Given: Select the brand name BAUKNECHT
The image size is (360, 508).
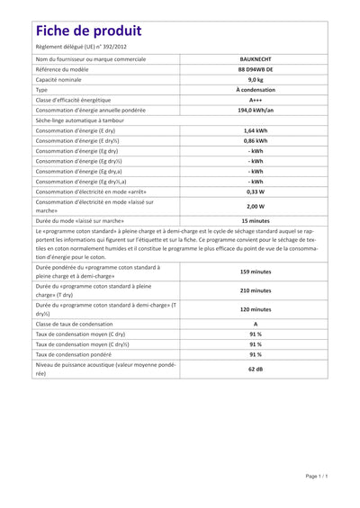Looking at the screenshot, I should [256, 58].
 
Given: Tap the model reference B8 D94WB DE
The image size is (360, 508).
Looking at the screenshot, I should [256, 68].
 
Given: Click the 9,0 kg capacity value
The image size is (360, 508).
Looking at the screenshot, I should [256, 79].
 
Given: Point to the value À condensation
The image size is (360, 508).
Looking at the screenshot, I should [256, 90].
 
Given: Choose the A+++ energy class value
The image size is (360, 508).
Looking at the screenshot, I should [256, 100].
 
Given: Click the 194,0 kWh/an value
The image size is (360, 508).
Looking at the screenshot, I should [256, 111].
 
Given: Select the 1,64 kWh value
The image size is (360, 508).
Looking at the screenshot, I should [256, 130].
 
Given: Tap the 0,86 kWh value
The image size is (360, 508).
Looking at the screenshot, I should [256, 141].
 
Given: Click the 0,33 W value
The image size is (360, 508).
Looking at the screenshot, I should [256, 192].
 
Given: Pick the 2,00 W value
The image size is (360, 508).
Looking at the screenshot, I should [256, 206].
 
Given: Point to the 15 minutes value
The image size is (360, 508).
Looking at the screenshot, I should [256, 220].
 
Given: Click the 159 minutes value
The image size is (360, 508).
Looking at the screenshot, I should [256, 272].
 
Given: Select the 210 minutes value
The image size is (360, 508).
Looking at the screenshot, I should [256, 291].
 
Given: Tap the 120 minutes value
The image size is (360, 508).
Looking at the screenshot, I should [256, 308].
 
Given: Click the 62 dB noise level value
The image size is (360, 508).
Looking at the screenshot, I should [256, 370].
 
